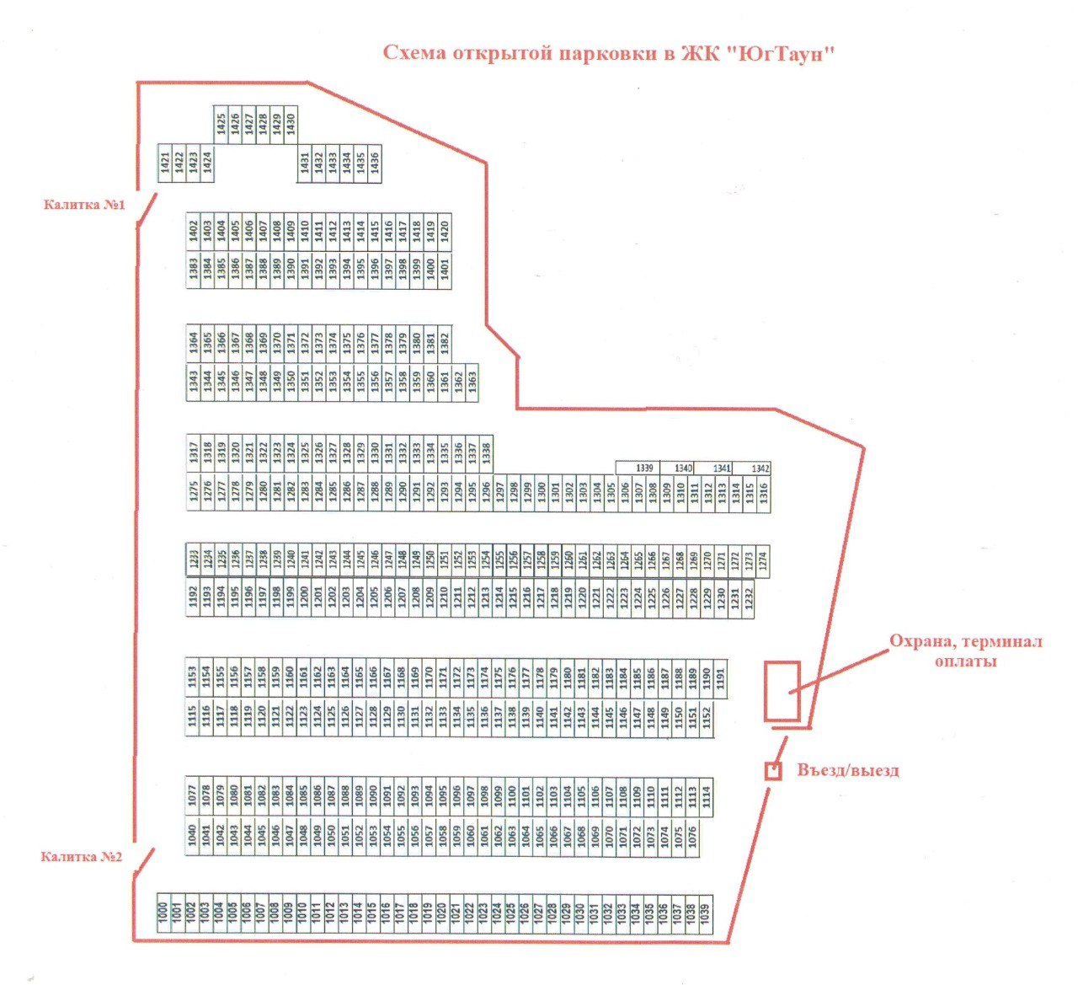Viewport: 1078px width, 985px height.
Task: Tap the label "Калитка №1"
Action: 84,205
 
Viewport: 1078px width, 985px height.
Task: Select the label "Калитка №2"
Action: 82,857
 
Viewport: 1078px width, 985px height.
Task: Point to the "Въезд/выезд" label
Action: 847,770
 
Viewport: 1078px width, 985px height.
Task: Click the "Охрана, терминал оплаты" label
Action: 966,650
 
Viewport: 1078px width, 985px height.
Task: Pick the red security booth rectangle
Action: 782,691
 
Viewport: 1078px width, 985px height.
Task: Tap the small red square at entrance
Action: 772,770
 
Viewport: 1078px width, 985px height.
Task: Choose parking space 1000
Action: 163,913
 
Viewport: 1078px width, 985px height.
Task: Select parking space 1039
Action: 706,913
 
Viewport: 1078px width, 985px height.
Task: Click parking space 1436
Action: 375,162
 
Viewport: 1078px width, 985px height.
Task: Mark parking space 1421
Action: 165,162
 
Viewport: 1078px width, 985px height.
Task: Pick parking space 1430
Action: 291,124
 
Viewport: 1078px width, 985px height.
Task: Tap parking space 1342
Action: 760,468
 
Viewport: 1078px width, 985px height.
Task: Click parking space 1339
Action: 644,468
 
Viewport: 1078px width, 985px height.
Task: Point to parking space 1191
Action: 720,679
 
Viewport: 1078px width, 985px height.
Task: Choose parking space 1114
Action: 706,796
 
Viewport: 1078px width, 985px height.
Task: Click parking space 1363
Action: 472,381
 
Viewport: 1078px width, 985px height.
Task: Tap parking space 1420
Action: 444,231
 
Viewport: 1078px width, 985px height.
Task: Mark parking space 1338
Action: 485,452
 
